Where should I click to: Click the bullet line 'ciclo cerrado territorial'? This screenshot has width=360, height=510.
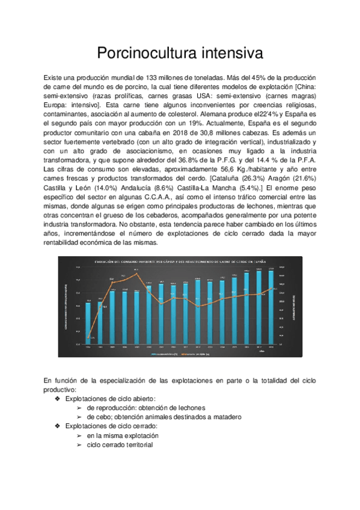click(x=120, y=444)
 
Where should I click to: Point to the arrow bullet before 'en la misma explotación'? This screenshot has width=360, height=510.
click(x=79, y=434)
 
